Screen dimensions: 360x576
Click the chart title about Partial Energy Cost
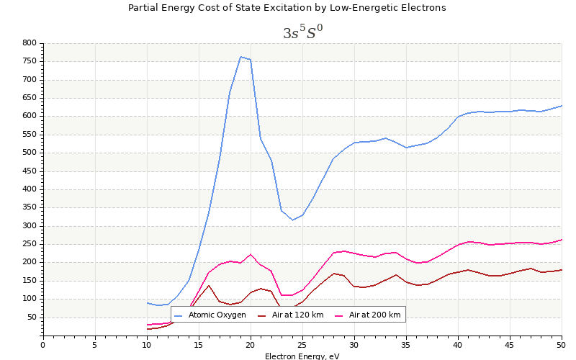click(287, 8)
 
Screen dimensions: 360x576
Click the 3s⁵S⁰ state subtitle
click(302, 33)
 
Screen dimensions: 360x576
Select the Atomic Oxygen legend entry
click(217, 315)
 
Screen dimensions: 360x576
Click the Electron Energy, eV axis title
click(302, 356)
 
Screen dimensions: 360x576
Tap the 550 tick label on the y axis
click(29, 135)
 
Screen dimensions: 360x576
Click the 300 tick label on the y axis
click(29, 226)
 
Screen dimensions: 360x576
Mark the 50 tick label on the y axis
click(31, 318)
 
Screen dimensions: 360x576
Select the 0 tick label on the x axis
click(42, 345)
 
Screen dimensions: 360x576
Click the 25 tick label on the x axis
click(302, 345)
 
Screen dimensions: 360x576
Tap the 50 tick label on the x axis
click(562, 345)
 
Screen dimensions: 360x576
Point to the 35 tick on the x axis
click(406, 345)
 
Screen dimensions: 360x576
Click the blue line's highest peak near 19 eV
click(240, 56)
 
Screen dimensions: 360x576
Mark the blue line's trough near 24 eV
click(292, 220)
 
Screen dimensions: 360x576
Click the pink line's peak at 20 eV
click(251, 254)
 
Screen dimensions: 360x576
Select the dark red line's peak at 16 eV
click(209, 285)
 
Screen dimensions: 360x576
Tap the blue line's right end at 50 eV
click(562, 105)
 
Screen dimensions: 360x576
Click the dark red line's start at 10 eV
click(147, 329)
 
